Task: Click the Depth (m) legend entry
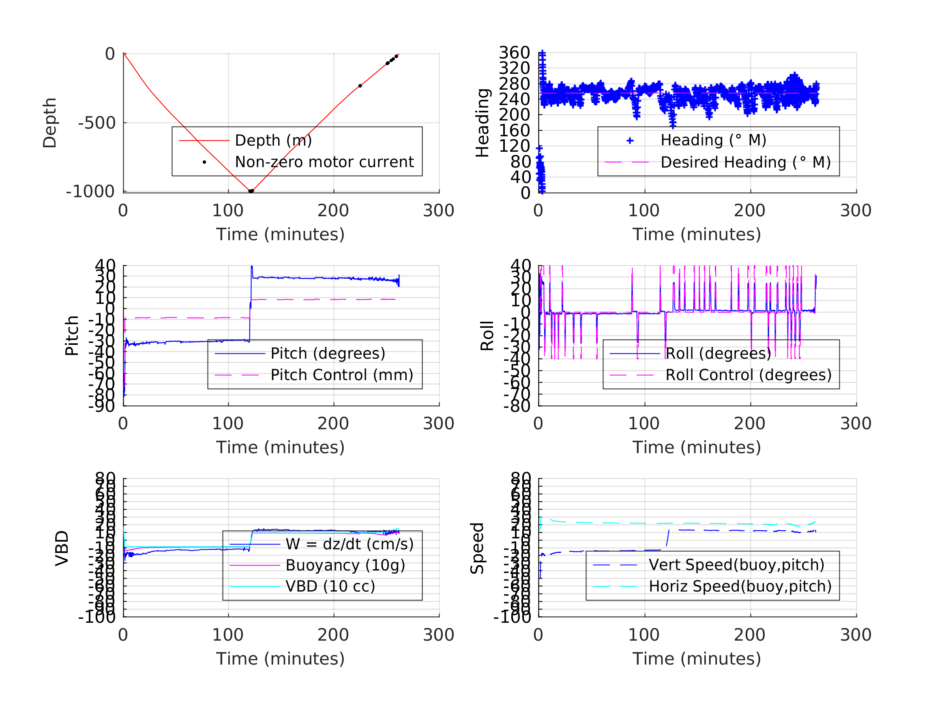tap(273, 140)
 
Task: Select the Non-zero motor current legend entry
tap(324, 162)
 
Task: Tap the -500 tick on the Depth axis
tap(97, 123)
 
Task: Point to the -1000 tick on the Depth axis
tap(90, 192)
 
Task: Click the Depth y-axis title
tap(50, 123)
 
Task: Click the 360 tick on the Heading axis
tap(514, 53)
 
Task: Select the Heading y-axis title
tap(483, 123)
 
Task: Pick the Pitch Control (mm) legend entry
tap(342, 375)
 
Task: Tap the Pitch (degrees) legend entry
tap(328, 353)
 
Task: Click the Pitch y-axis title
tap(72, 336)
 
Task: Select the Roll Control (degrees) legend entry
tap(748, 375)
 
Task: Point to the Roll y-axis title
tap(487, 336)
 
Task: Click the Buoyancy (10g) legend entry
tap(345, 565)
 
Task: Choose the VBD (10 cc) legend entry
tap(330, 586)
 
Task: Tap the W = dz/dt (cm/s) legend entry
tap(350, 544)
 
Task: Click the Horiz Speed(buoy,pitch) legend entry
tap(740, 586)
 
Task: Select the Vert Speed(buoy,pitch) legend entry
tap(736, 565)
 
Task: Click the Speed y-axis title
tap(477, 548)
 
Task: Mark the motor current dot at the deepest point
tap(251, 191)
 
